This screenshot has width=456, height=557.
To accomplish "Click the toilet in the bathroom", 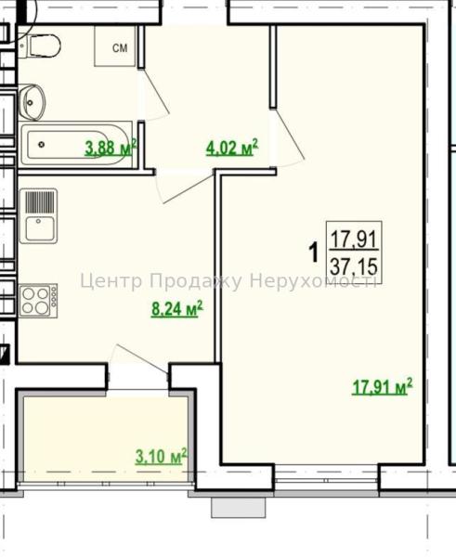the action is pyautogui.click(x=40, y=45).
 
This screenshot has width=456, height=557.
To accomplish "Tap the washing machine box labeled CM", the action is pyautogui.click(x=115, y=45).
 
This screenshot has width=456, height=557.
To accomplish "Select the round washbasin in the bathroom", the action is pyautogui.click(x=32, y=102).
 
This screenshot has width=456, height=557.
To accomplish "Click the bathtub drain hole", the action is pyautogui.click(x=41, y=144).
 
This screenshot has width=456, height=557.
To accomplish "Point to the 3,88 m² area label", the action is pyautogui.click(x=111, y=148).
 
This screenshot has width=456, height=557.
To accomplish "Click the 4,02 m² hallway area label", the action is pyautogui.click(x=232, y=148).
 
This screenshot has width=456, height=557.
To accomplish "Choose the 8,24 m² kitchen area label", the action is pyautogui.click(x=177, y=308).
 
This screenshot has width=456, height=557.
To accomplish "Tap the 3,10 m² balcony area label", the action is pyautogui.click(x=161, y=456).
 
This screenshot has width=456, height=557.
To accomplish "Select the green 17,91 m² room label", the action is pyautogui.click(x=383, y=387).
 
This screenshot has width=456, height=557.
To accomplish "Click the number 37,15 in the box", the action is pyautogui.click(x=354, y=266).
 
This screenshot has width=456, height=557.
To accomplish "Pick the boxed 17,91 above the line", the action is pyautogui.click(x=354, y=239).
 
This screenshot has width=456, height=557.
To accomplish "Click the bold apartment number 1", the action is pyautogui.click(x=314, y=253).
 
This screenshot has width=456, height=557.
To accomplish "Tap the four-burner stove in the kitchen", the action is pyautogui.click(x=38, y=301).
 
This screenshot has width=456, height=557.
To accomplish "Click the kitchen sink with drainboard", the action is pyautogui.click(x=38, y=216).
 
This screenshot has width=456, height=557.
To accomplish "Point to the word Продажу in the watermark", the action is pyautogui.click(x=195, y=281).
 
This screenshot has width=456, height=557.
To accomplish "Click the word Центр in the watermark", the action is pyautogui.click(x=111, y=281).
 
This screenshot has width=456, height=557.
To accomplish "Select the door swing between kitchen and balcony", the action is pyautogui.click(x=137, y=359).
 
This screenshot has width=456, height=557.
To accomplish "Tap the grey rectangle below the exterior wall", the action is pyautogui.click(x=239, y=508).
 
